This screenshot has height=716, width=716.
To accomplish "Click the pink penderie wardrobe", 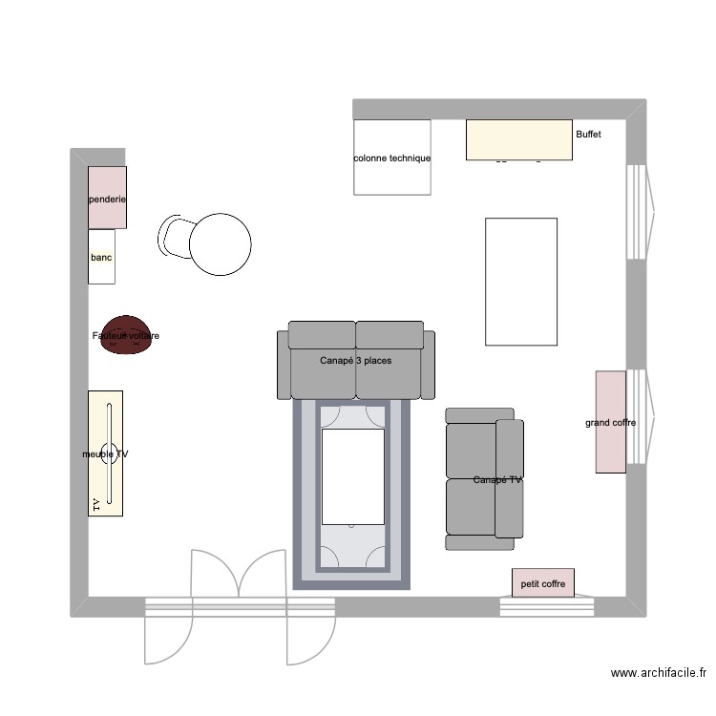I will click(x=107, y=198).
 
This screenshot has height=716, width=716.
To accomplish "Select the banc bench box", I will click(x=101, y=257).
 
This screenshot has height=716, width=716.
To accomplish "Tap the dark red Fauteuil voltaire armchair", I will click(x=126, y=336).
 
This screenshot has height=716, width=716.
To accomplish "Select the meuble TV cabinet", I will click(x=105, y=453).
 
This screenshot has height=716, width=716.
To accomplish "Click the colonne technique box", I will click(x=391, y=157).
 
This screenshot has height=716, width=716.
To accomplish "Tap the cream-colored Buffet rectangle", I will click(x=518, y=139).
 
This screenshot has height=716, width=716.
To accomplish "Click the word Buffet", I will click(x=588, y=135).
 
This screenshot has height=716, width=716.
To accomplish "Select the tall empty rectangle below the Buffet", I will click(x=521, y=282).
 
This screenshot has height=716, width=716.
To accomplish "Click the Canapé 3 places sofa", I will click(x=355, y=360).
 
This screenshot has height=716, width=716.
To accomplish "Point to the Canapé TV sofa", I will click(x=485, y=479).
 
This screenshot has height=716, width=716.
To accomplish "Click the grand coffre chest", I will click(x=610, y=421).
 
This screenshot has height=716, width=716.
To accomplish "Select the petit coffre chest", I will click(x=542, y=582).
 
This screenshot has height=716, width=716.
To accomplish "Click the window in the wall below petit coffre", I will click(x=547, y=606).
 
